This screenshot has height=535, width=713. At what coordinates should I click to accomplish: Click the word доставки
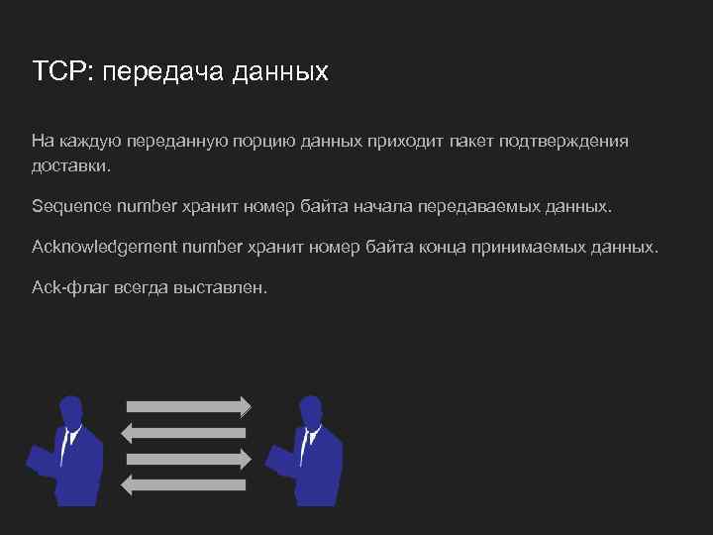click(x=71, y=166)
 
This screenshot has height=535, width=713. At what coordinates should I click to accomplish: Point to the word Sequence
click(x=71, y=207)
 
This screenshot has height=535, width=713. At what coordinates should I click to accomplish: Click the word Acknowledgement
click(x=103, y=246)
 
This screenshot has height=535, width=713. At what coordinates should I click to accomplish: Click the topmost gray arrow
click(x=188, y=406)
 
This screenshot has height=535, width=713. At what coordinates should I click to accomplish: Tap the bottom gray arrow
click(x=188, y=483)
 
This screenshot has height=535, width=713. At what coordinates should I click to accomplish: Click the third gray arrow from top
click(x=188, y=458)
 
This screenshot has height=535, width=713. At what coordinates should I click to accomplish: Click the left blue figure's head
click(x=70, y=409)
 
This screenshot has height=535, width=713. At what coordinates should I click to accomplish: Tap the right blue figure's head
click(x=310, y=409)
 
